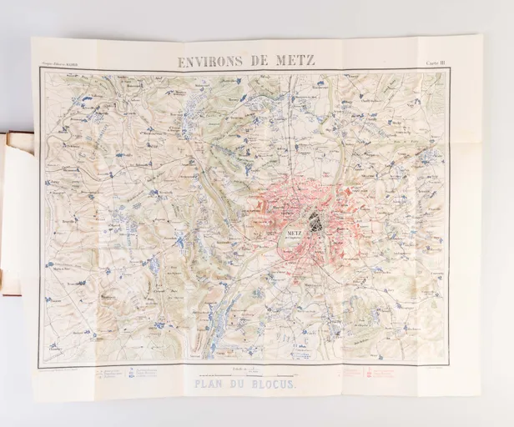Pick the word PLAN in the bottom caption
point(214,384)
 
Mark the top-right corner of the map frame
point(450,70)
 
